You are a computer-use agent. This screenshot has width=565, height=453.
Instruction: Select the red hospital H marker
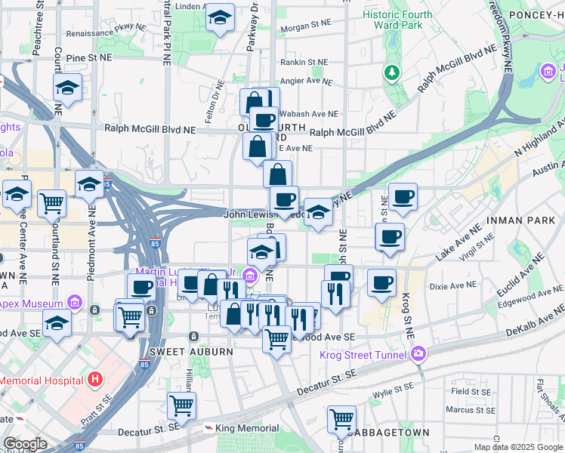[95, 378]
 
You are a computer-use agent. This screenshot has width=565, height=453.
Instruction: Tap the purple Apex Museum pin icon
[74, 304]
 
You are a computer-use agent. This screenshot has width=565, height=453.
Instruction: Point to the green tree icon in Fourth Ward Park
[392, 72]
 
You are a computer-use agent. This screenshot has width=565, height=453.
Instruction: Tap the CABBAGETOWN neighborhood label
[385, 433]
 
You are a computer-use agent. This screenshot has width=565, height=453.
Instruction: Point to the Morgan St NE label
[302, 29]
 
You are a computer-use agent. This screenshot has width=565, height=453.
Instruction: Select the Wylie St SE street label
[394, 394]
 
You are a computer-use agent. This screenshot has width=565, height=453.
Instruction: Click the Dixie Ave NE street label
[451, 286]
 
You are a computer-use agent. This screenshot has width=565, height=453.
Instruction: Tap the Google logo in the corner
[25, 444]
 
